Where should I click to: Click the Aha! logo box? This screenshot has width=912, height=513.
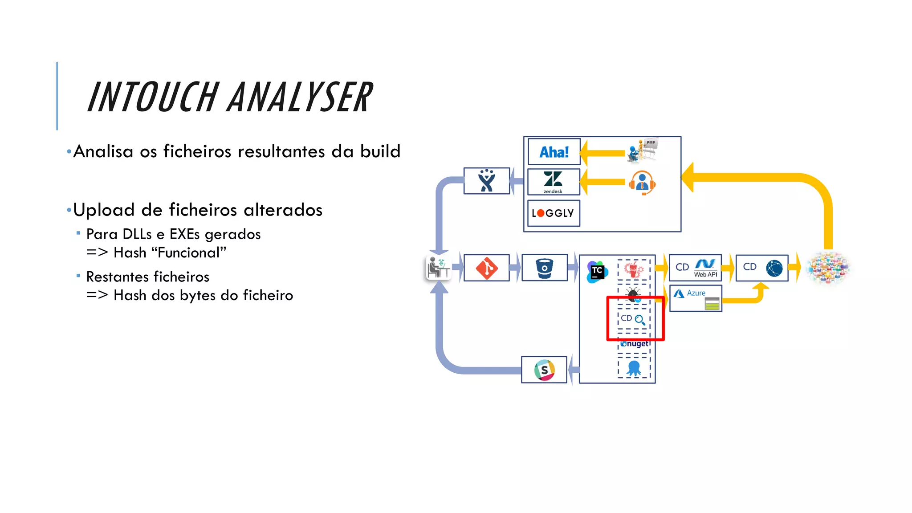click(554, 152)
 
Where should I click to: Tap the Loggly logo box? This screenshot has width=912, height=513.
click(553, 213)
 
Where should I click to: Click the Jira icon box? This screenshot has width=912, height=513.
click(486, 180)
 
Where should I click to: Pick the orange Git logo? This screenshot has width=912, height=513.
click(486, 268)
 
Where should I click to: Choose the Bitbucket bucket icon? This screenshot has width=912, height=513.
click(544, 268)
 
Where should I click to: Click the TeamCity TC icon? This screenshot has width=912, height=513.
click(597, 272)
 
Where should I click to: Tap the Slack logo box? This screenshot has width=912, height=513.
click(544, 370)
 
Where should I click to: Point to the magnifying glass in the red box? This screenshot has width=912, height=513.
click(640, 319)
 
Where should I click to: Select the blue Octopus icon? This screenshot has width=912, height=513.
click(634, 368)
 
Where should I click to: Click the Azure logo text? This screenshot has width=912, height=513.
click(696, 293)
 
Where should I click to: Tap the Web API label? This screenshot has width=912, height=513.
click(705, 275)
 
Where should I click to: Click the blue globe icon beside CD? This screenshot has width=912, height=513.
click(774, 268)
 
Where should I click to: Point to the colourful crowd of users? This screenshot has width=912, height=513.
click(828, 268)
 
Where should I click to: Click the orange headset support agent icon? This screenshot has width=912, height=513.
click(642, 183)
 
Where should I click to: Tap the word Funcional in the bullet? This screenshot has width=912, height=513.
click(189, 252)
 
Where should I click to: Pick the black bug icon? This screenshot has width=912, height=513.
click(633, 294)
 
